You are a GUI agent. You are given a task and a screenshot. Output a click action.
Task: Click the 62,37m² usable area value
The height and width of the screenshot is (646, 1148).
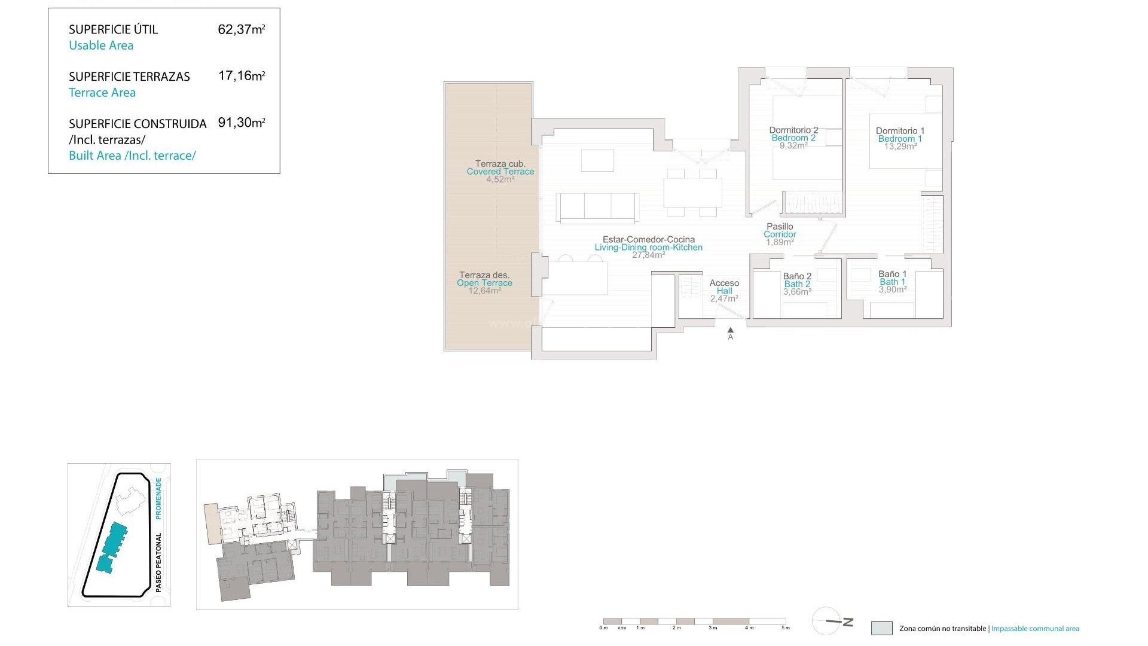[x=241, y=29]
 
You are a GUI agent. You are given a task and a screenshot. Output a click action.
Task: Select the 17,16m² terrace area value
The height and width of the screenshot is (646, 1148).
[x=241, y=76]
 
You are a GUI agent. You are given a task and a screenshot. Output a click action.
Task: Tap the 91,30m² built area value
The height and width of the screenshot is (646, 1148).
[x=241, y=123]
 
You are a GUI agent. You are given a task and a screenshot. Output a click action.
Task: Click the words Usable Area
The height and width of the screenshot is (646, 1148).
[x=101, y=45]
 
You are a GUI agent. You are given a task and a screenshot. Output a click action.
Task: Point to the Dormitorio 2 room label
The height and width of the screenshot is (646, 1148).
[x=793, y=130]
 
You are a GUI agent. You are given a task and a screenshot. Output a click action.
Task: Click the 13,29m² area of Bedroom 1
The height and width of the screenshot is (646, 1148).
[x=900, y=147]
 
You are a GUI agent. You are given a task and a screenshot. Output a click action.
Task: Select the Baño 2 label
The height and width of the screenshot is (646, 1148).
[x=797, y=276]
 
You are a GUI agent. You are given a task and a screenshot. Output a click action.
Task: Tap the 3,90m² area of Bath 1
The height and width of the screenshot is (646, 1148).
[x=892, y=290]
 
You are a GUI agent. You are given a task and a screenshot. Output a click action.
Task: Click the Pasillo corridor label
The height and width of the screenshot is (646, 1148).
[x=780, y=226]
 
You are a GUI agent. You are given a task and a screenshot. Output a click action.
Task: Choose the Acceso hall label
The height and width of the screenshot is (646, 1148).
[x=724, y=283]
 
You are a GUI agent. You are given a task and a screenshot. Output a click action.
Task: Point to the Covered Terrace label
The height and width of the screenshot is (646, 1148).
[x=500, y=172]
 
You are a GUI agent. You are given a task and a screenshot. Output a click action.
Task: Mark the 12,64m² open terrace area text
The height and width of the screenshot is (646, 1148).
[x=484, y=291]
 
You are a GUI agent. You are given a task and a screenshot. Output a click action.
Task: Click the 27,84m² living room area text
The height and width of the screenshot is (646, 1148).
[x=648, y=255]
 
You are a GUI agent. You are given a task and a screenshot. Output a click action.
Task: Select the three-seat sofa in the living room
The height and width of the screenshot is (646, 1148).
[x=597, y=206]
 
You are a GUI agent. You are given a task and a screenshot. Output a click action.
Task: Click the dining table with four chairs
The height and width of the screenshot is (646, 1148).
[x=692, y=193]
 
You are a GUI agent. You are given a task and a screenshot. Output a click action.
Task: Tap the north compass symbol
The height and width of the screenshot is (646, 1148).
[x=832, y=621]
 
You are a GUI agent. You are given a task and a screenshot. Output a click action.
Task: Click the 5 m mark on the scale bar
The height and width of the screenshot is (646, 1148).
[x=785, y=627]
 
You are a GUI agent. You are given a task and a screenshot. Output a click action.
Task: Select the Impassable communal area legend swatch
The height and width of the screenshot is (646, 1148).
[x=881, y=628]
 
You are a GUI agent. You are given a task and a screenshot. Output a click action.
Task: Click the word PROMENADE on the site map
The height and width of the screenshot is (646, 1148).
[x=158, y=498]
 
